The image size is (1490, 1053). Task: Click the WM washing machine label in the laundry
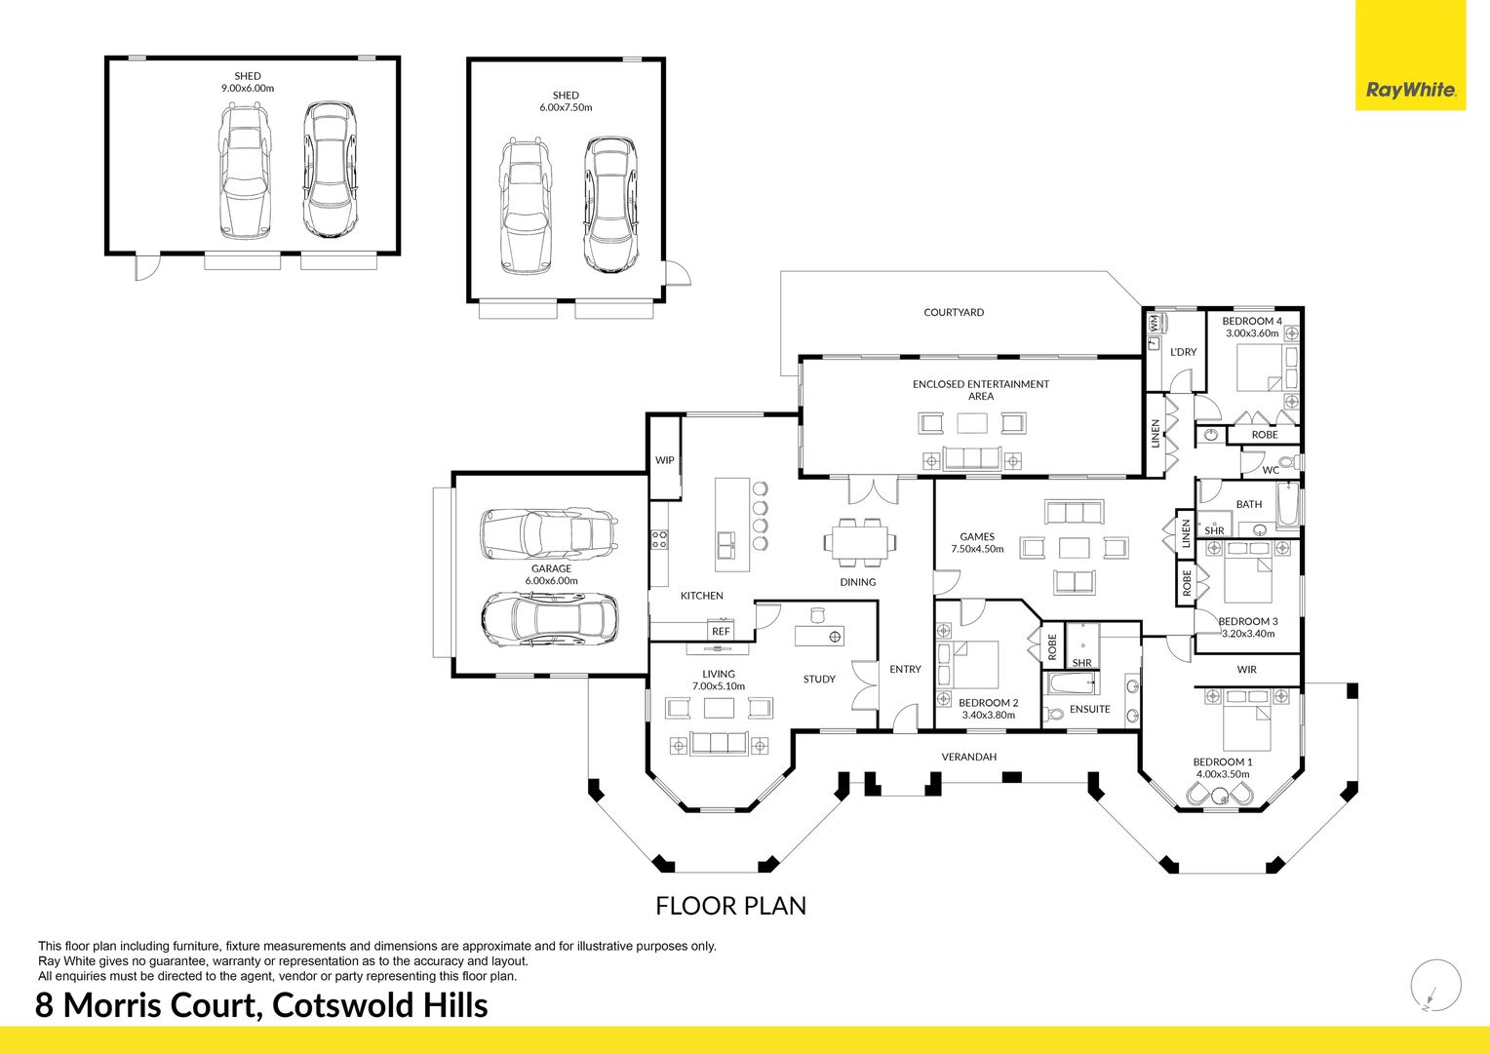pyautogui.click(x=1155, y=324)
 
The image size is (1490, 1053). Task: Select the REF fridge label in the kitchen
pyautogui.click(x=721, y=631)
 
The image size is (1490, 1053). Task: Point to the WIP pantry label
pyautogui.click(x=664, y=459)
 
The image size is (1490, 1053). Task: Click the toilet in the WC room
pyautogui.click(x=1291, y=461)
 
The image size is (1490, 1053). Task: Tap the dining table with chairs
pyautogui.click(x=859, y=542)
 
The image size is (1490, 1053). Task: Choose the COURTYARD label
pyautogui.click(x=954, y=312)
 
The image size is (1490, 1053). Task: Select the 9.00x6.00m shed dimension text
pyautogui.click(x=248, y=88)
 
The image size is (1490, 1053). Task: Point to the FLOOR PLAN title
pyautogui.click(x=731, y=906)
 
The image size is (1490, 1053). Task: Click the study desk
pyautogui.click(x=819, y=636)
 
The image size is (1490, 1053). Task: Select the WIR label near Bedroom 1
pyautogui.click(x=1247, y=669)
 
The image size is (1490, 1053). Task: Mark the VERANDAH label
pyautogui.click(x=969, y=757)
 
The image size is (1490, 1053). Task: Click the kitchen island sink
pyautogui.click(x=725, y=543)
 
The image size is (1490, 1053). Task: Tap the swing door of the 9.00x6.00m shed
pyautogui.click(x=147, y=267)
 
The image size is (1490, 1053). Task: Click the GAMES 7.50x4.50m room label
pyautogui.click(x=977, y=543)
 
